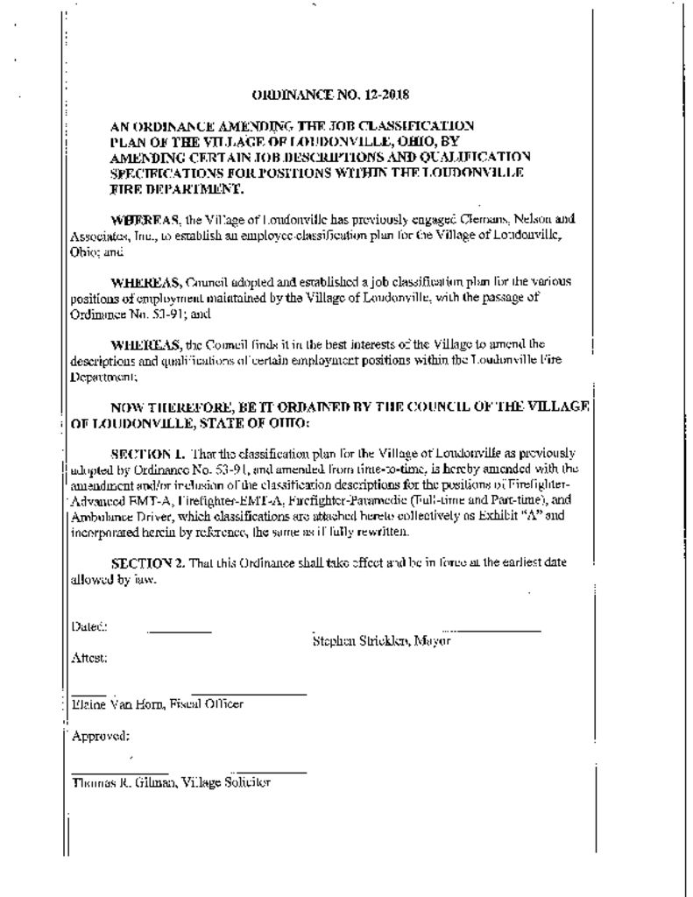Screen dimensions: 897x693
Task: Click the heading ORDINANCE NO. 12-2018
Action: click(330, 94)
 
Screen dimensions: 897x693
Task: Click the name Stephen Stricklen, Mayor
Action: click(381, 641)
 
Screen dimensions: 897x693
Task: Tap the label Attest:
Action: click(88, 657)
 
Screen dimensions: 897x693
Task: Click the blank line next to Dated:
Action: click(179, 632)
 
